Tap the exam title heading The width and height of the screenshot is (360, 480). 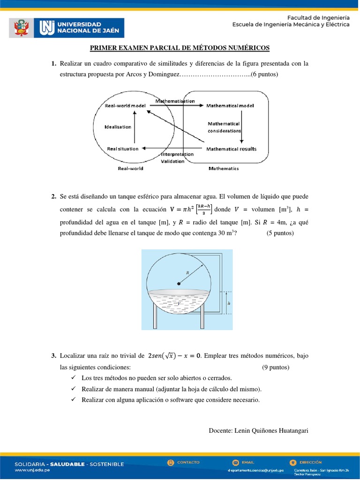[x=180, y=48]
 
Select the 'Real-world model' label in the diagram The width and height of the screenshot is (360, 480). [x=125, y=106]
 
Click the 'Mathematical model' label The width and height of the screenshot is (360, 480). [x=230, y=106]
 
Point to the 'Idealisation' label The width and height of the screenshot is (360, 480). [x=118, y=127]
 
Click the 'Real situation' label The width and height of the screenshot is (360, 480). [x=123, y=149]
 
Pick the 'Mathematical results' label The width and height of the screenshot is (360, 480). [x=231, y=149]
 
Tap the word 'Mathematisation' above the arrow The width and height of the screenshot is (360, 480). [x=175, y=101]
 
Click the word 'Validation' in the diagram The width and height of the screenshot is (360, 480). [x=172, y=161]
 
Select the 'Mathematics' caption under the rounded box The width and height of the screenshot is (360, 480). [x=224, y=168]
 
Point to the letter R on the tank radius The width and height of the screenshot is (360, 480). [x=187, y=272]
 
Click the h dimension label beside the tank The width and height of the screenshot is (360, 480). [x=229, y=303]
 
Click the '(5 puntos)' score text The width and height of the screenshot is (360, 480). [x=280, y=233]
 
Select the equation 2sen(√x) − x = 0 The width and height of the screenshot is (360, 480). [x=174, y=356]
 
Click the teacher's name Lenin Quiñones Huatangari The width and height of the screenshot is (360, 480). [x=258, y=430]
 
